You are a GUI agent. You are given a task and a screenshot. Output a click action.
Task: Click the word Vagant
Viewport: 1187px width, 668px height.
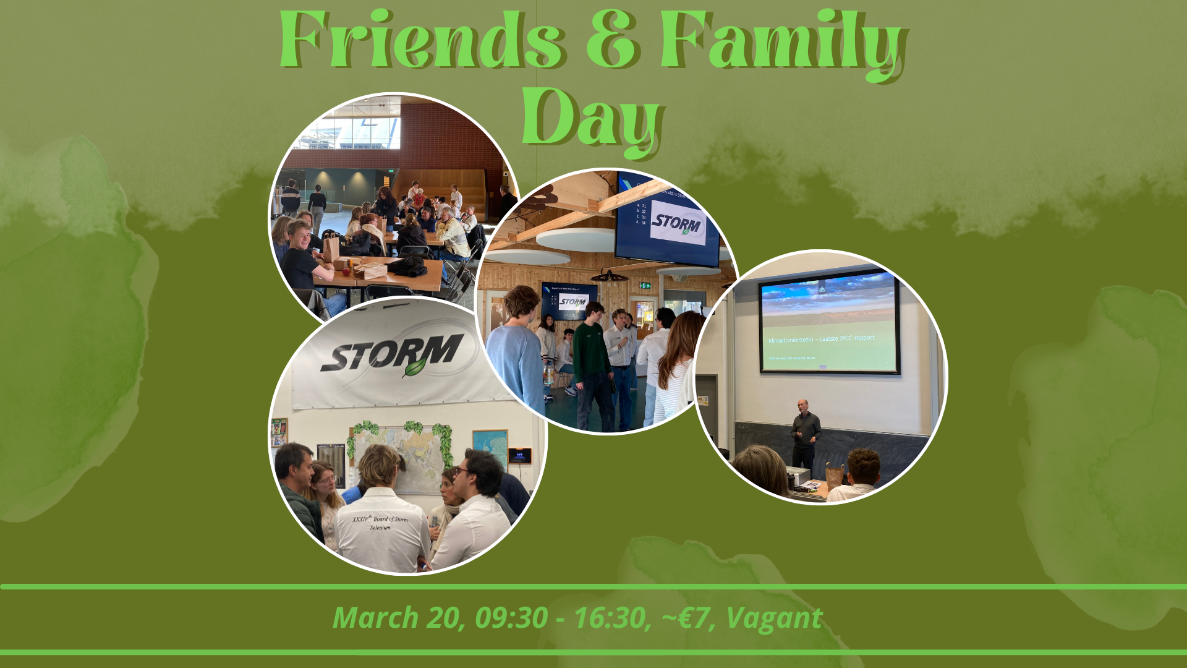coord(773,617)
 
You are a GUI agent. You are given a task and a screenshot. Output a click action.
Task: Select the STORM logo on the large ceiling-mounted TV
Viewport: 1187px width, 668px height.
coord(678,223)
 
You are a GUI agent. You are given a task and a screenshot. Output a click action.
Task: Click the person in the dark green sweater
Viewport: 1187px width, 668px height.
coord(592,359)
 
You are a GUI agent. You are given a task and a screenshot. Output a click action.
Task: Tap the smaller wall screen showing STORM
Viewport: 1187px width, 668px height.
coord(571,301)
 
